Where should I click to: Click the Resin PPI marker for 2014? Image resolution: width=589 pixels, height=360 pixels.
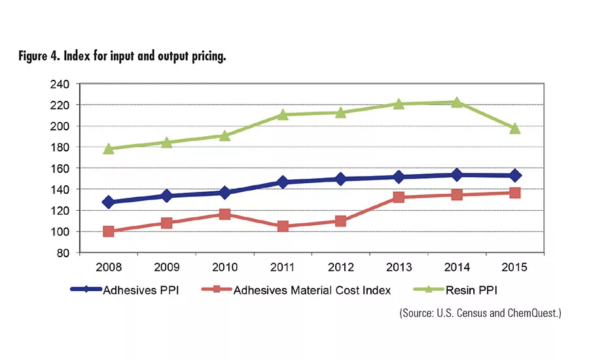(457, 102)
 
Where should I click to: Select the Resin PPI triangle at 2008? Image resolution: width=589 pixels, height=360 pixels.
(108, 149)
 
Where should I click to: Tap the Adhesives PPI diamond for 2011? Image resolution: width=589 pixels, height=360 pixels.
(283, 182)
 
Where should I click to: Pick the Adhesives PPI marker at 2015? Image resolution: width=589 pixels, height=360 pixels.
(515, 175)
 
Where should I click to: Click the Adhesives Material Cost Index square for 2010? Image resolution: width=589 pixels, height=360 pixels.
(224, 214)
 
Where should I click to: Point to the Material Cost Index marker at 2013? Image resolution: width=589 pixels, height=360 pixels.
(399, 197)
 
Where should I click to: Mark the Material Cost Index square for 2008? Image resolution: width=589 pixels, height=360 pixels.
(108, 231)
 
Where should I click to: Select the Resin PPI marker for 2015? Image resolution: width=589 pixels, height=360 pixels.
(515, 128)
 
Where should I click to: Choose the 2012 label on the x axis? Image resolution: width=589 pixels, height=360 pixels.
(340, 267)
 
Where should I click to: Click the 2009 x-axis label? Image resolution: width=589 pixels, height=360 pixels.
(166, 267)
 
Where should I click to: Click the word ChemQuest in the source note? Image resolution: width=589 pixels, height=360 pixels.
(533, 313)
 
